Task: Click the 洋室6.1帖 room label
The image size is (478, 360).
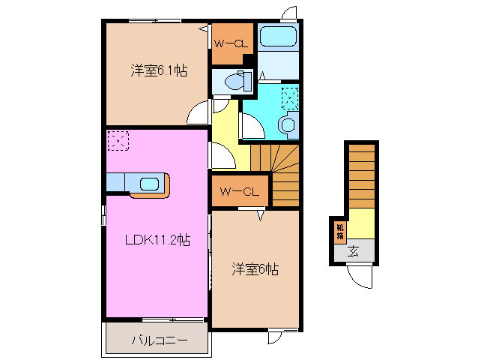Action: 158,71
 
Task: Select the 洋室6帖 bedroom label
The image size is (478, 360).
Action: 254,269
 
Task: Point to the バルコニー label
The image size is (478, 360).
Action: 156,340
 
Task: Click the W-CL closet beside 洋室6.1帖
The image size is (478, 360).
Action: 231,43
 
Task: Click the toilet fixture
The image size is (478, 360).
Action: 237,81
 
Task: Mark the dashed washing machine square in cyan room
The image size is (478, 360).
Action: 290,97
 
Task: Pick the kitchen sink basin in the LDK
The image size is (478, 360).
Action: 148,183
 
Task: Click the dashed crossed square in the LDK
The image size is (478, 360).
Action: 118,140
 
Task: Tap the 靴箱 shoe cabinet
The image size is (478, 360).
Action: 339,231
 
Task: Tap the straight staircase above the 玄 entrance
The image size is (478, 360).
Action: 360,175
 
